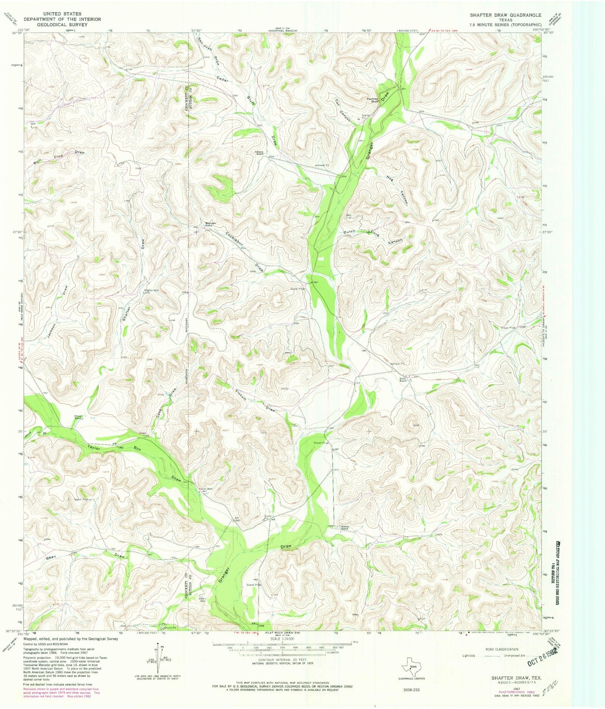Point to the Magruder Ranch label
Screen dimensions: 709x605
[x=210, y=224]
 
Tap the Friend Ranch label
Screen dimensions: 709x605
[x=78, y=417]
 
